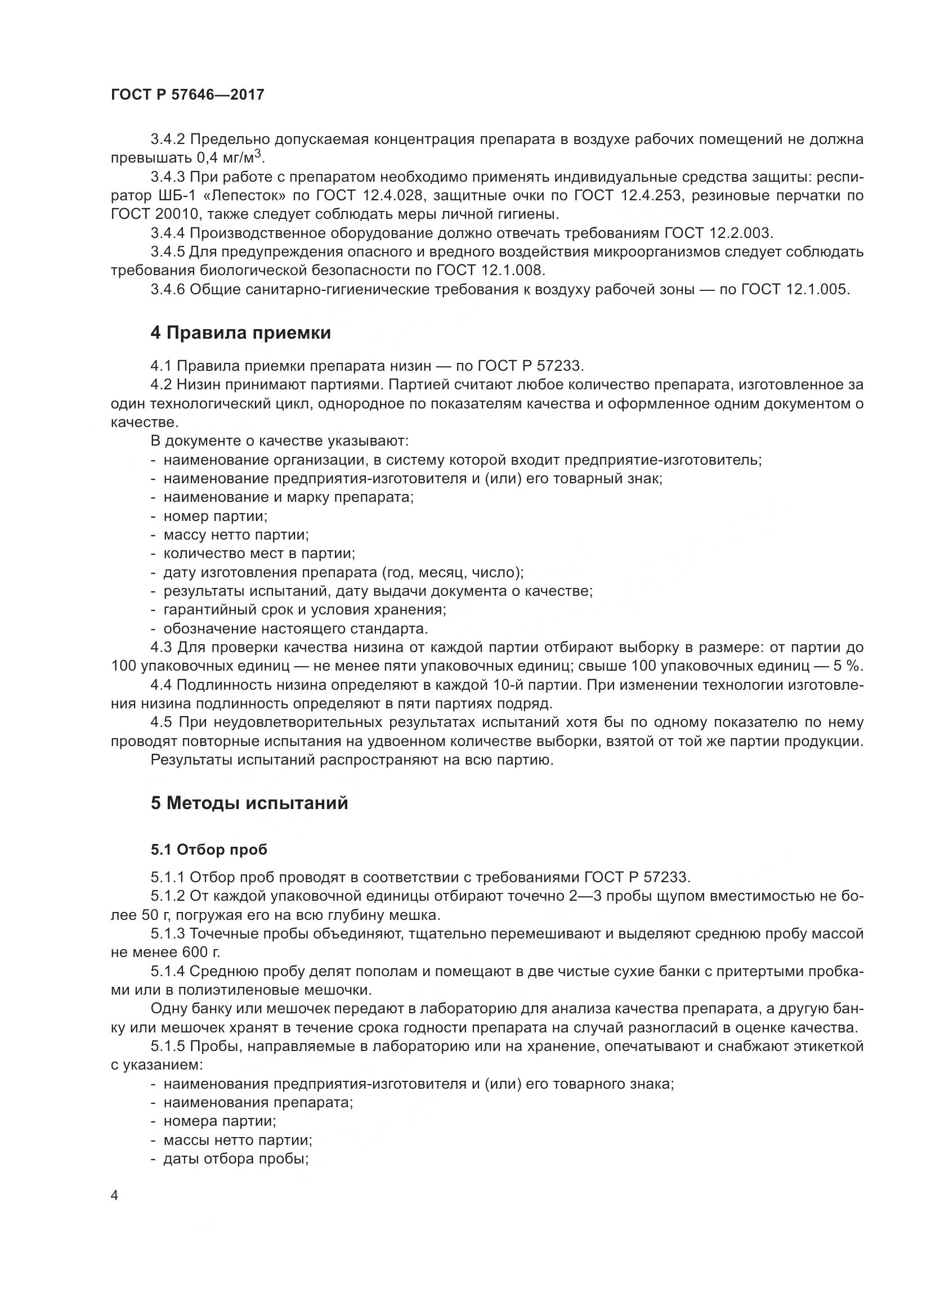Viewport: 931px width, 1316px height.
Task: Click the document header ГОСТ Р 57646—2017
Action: [x=187, y=95]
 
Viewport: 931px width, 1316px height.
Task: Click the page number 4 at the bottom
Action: [x=115, y=1196]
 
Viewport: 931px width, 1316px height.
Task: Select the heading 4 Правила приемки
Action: [x=241, y=333]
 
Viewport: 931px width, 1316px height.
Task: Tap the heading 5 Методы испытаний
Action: [x=249, y=803]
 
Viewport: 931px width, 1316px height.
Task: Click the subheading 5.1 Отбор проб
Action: [x=209, y=850]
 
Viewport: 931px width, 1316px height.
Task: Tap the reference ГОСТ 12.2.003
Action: [x=718, y=233]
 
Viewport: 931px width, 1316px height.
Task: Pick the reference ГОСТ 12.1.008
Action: [x=490, y=271]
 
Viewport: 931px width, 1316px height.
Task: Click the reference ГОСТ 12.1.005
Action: [x=794, y=289]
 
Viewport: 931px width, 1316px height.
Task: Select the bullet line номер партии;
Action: [x=215, y=516]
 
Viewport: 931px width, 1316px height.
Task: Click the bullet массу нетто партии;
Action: [x=236, y=535]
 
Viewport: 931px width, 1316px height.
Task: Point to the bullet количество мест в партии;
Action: [x=259, y=554]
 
